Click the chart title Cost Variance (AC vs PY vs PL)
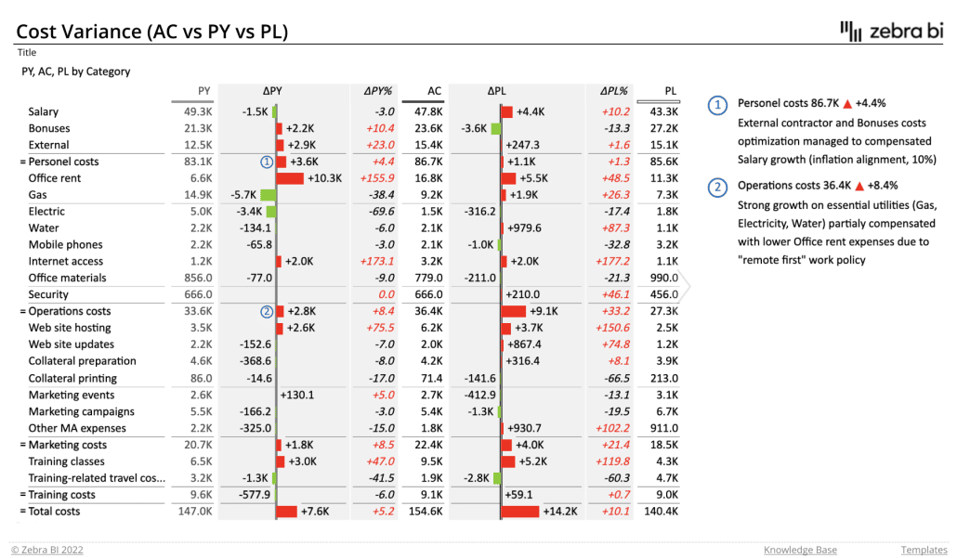[152, 32]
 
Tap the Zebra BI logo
[889, 31]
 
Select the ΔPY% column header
[378, 91]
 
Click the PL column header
[671, 91]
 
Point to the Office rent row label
[55, 178]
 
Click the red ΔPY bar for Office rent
[290, 178]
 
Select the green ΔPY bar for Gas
[268, 195]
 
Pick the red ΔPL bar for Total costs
[520, 512]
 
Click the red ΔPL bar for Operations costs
[514, 312]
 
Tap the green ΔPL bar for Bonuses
[496, 128]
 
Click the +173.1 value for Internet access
[378, 262]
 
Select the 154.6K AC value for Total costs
[427, 512]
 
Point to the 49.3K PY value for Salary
[199, 111]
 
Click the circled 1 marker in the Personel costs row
[267, 162]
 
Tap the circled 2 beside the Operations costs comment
[717, 187]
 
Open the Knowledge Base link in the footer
[800, 550]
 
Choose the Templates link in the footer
[923, 550]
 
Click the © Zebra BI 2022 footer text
[47, 550]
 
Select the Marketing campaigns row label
[82, 411]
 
